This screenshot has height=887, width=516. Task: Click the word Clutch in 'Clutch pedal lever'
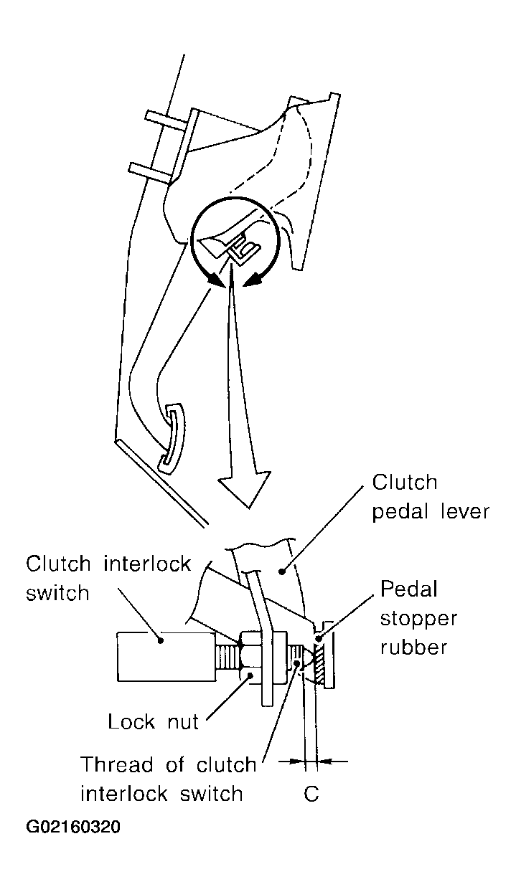tap(405, 483)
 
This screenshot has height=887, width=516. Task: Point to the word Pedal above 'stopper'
tap(408, 589)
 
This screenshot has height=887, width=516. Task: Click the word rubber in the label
tap(413, 648)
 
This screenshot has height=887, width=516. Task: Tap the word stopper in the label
tap(418, 620)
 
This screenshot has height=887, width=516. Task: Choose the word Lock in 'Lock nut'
tap(131, 721)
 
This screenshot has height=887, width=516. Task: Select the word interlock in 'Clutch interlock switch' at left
tap(148, 564)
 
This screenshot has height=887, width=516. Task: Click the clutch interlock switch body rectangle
tap(166, 657)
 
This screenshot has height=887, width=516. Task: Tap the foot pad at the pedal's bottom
tap(172, 437)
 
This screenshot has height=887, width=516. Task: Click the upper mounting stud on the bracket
tap(166, 119)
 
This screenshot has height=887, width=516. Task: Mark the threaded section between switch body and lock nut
tap(227, 657)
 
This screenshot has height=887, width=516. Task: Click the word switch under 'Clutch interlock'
tap(57, 593)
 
